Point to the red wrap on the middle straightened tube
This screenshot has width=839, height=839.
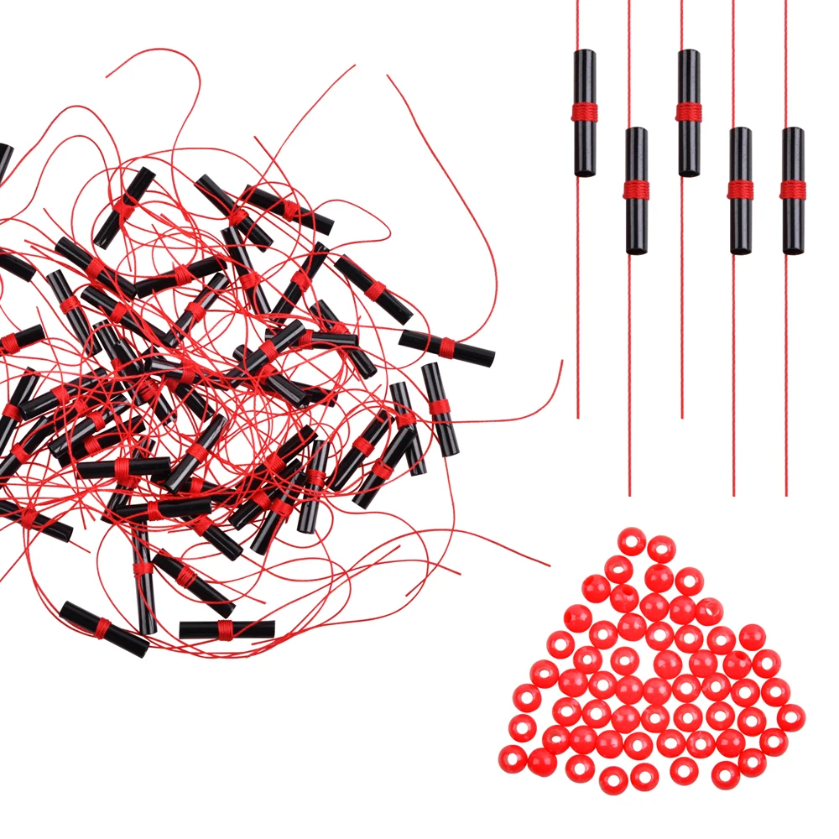point(689,111)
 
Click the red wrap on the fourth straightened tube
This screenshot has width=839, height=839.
point(740,190)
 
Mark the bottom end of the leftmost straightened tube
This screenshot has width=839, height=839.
point(585,172)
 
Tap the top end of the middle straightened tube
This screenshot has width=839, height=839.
point(689,54)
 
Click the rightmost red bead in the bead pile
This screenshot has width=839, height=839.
point(790,718)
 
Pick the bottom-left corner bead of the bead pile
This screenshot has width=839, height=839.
point(512,758)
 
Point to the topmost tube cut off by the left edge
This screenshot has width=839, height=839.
point(4,159)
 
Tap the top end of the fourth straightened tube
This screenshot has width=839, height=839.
point(740,132)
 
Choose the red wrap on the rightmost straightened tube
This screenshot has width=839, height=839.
point(793,190)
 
